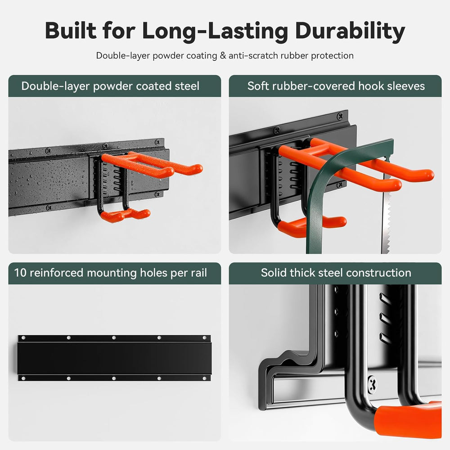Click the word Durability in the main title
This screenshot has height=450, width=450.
coord(350,31)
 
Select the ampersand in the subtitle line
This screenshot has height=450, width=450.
coord(223,55)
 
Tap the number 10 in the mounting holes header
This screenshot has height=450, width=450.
coord(20,273)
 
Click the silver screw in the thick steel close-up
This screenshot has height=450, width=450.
coord(373,383)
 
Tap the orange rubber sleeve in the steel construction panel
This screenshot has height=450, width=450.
coord(408,419)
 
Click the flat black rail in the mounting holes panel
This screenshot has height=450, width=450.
coord(114,358)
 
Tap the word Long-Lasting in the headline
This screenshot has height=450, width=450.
coord(215,31)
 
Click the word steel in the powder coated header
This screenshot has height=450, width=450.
coord(187,86)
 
